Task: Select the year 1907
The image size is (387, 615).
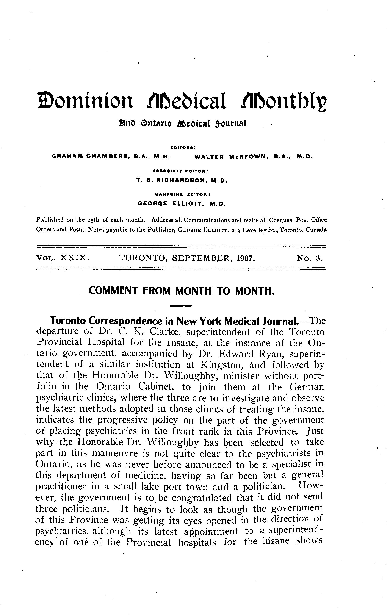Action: (246, 258)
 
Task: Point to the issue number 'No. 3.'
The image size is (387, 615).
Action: (310, 258)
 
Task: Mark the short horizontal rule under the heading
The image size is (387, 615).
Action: (181, 306)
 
